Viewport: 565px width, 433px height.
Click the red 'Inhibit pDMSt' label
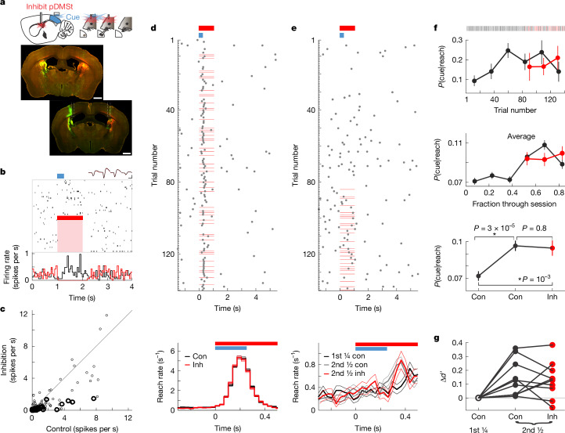pyautogui.click(x=50, y=6)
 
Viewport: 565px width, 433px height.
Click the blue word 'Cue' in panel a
pyautogui.click(x=73, y=17)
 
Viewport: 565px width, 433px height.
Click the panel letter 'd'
pyautogui.click(x=153, y=27)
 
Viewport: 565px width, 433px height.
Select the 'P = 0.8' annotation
pyautogui.click(x=534, y=228)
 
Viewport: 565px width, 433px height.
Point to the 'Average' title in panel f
pyautogui.click(x=521, y=137)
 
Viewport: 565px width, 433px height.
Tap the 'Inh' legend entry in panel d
pyautogui.click(x=193, y=365)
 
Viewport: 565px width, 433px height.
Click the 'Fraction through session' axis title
pyautogui.click(x=514, y=204)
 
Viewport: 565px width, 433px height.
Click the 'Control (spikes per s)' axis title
pyautogui.click(x=82, y=428)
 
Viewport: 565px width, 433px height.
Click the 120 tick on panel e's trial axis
pyautogui.click(x=310, y=254)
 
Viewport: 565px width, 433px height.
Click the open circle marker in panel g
pyautogui.click(x=478, y=398)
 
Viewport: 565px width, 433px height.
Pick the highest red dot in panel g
pyautogui.click(x=552, y=345)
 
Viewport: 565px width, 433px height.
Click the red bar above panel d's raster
pyautogui.click(x=207, y=28)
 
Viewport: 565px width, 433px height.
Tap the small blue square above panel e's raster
pyautogui.click(x=342, y=35)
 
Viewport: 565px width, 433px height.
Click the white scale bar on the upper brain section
pyautogui.click(x=98, y=98)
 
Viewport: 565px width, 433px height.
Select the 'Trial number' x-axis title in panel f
pyautogui.click(x=515, y=110)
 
